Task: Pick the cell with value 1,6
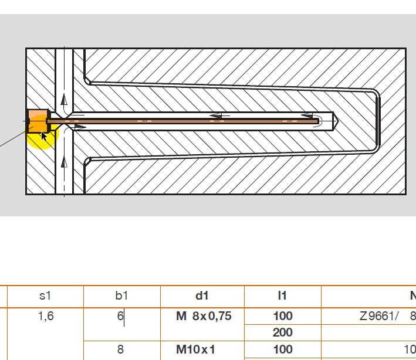(x=45, y=317)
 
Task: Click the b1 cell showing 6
(x=120, y=317)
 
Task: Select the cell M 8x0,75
(x=204, y=317)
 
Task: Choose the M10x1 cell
(x=196, y=349)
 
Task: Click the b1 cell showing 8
(x=120, y=349)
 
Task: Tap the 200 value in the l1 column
(x=282, y=332)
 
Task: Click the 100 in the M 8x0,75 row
(x=282, y=317)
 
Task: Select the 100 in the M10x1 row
(x=282, y=349)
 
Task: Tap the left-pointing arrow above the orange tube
(x=220, y=116)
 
